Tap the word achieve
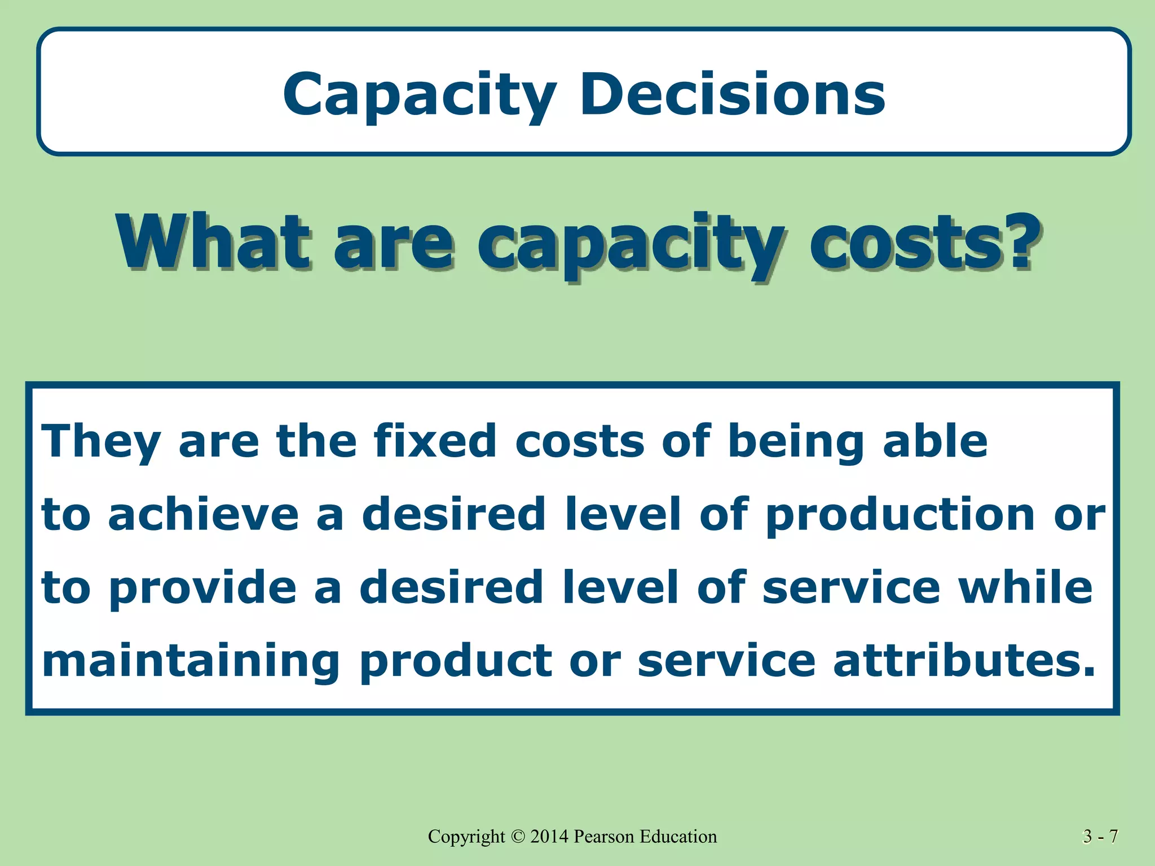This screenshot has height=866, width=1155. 203,514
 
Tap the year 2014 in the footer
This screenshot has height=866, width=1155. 550,837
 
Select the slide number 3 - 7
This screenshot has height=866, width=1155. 1100,837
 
